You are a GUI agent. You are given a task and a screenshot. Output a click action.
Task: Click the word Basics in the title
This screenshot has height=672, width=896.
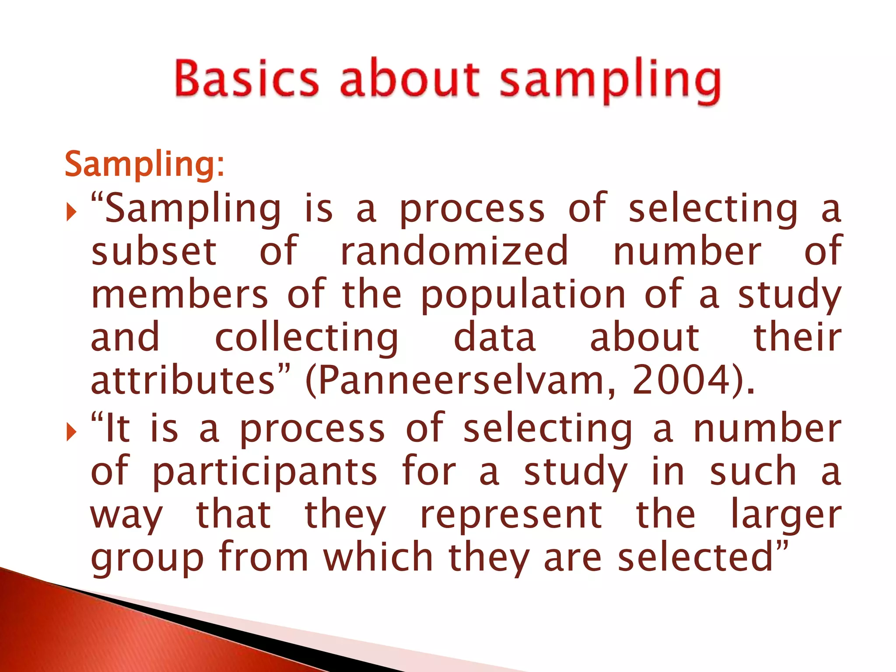pos(246,79)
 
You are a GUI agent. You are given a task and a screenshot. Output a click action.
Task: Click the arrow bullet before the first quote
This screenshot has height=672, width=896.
pos(71,213)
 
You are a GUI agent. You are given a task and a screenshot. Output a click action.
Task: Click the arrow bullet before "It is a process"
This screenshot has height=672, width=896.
pos(71,433)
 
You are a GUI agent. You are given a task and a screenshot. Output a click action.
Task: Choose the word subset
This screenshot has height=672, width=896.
pos(154,252)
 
